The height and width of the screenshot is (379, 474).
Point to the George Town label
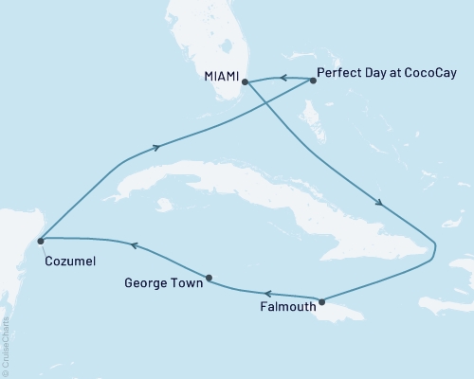162,281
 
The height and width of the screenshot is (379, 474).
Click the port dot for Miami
245,81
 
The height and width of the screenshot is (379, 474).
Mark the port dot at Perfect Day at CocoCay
312,81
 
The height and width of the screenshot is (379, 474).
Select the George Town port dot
209,279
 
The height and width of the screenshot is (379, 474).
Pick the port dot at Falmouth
322,302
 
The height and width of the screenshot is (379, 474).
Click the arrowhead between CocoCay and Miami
281,78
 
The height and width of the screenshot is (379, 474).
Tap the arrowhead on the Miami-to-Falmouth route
380,202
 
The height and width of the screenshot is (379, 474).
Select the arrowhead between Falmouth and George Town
267,294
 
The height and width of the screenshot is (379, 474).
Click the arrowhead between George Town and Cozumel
134,245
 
